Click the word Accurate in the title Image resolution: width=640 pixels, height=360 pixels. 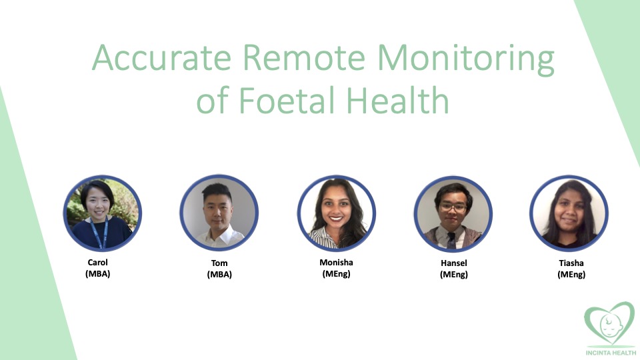click(161, 57)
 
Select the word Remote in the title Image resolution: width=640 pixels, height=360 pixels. click(304, 57)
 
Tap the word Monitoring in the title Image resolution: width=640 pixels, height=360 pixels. click(466, 60)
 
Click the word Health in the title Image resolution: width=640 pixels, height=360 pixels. click(398, 100)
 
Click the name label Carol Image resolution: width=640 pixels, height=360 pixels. click(97, 263)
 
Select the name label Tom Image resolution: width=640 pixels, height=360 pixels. click(219, 263)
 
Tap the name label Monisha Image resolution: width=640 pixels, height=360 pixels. click(336, 263)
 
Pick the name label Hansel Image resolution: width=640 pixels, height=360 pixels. click(454, 263)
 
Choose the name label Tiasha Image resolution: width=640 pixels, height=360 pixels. click(571, 263)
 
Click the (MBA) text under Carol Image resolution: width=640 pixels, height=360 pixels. click(97, 274)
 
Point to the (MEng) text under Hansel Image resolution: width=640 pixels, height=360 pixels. click(454, 274)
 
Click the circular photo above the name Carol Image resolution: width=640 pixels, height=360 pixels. click(103, 213)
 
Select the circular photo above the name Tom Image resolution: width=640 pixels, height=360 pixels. click(219, 213)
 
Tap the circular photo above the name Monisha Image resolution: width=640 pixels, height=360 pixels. click(336, 213)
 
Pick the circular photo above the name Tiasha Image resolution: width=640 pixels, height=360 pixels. click(569, 213)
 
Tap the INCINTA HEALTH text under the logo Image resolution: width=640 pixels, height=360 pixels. click(611, 353)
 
